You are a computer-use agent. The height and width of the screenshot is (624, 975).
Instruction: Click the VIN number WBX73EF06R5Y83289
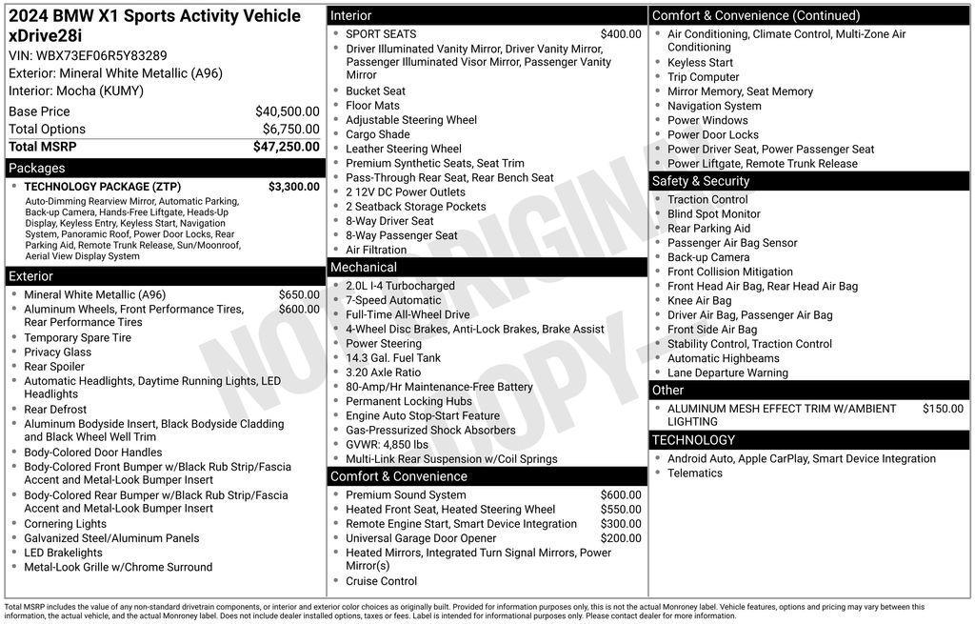pyautogui.click(x=101, y=55)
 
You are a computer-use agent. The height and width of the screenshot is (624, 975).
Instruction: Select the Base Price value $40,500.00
pyautogui.click(x=287, y=111)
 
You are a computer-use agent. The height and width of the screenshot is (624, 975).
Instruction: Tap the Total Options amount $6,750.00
pyautogui.click(x=290, y=130)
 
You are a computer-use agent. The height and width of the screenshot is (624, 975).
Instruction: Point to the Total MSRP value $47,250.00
pyautogui.click(x=286, y=147)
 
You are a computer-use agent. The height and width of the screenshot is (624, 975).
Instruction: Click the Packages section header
pyautogui.click(x=37, y=169)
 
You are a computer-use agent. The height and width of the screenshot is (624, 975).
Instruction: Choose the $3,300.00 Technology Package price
pyautogui.click(x=293, y=187)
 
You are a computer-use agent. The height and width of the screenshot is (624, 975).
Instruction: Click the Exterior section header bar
pyautogui.click(x=31, y=276)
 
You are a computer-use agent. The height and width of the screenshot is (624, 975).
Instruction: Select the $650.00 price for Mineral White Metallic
pyautogui.click(x=299, y=295)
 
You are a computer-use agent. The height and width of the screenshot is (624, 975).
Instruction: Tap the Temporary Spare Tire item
pyautogui.click(x=78, y=337)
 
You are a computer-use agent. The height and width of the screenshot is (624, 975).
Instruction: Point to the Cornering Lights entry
pyautogui.click(x=66, y=524)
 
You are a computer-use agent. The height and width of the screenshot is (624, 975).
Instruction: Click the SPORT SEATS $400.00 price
pyautogui.click(x=621, y=34)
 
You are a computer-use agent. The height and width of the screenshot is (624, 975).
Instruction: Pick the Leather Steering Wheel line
pyautogui.click(x=404, y=149)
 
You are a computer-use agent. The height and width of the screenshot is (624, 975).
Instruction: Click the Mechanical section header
pyautogui.click(x=364, y=268)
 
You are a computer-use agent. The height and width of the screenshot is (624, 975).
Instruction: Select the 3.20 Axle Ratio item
pyautogui.click(x=383, y=372)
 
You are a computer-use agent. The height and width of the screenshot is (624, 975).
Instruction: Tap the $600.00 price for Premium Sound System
pyautogui.click(x=621, y=495)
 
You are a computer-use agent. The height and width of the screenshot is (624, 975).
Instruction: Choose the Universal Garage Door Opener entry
pyautogui.click(x=421, y=538)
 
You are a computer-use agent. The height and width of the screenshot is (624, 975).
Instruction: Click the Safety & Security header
pyautogui.click(x=701, y=181)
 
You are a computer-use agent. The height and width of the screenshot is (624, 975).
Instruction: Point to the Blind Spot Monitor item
pyautogui.click(x=714, y=214)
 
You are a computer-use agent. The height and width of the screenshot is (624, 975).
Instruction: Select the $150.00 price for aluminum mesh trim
pyautogui.click(x=943, y=409)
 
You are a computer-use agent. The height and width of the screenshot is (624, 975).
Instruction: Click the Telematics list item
pyautogui.click(x=695, y=473)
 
